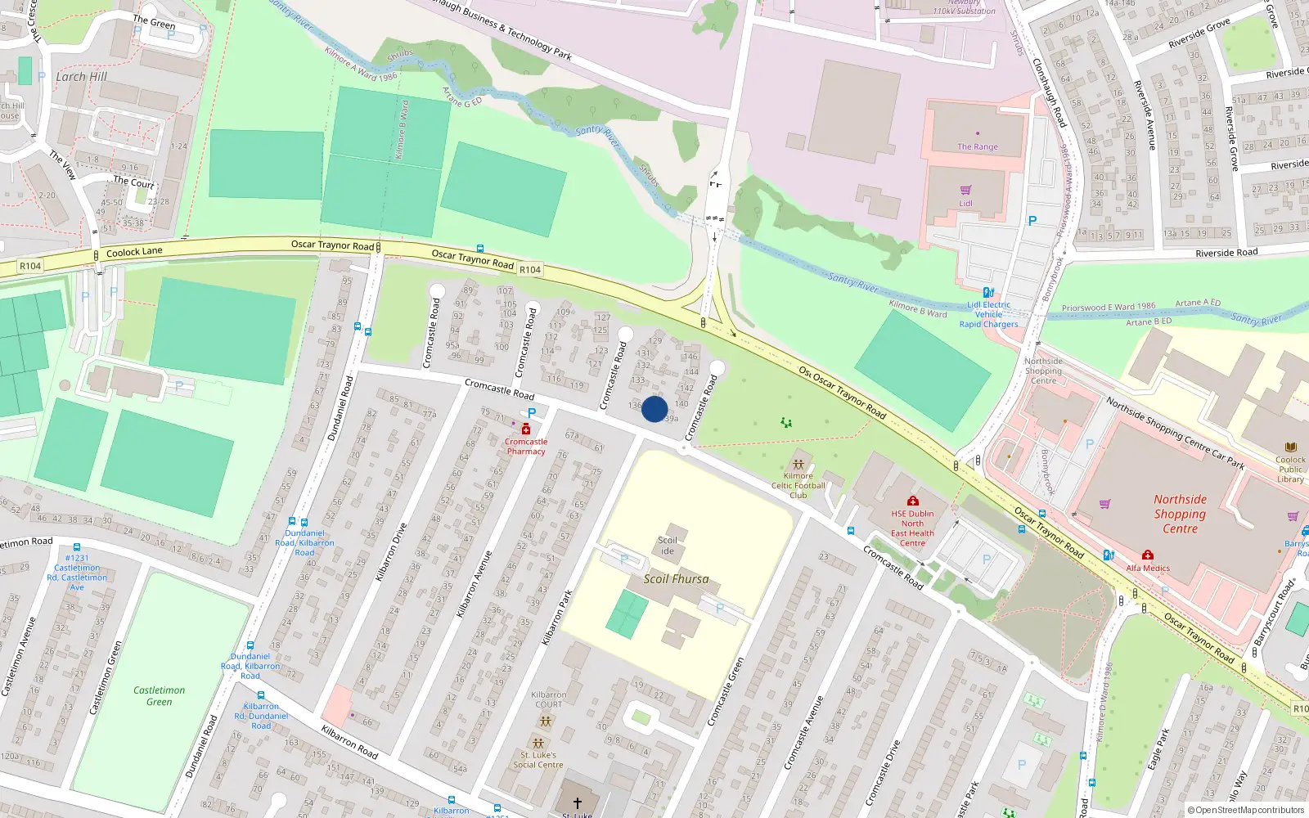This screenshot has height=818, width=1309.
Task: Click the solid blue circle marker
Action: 654,409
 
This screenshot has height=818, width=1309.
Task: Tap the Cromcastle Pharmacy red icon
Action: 526,429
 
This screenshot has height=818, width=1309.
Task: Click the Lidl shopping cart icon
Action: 966,190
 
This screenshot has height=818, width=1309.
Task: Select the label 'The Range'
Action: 978,147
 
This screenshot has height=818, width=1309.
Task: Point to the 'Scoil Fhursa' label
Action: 676,579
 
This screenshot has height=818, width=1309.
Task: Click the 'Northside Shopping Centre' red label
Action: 1180,514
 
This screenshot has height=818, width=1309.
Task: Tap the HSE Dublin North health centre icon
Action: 912,501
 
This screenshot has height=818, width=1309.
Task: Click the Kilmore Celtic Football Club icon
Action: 798,464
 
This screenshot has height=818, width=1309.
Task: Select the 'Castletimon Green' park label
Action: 160,695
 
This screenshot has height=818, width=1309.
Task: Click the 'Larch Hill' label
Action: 81,77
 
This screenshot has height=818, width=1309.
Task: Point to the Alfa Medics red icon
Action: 1148,555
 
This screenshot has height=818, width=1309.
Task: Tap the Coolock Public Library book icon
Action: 1291,447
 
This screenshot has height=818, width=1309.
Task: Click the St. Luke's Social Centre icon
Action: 538,743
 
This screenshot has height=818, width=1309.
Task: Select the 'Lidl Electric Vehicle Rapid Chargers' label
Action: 988,314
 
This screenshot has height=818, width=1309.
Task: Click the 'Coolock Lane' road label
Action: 134,252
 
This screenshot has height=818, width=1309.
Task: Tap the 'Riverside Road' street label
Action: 1226,253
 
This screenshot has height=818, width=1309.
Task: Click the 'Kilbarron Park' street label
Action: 558,618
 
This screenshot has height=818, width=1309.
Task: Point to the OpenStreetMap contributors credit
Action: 1246,810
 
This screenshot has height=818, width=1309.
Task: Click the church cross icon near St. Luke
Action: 577,803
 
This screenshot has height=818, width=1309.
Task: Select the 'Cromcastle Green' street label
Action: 726,692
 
